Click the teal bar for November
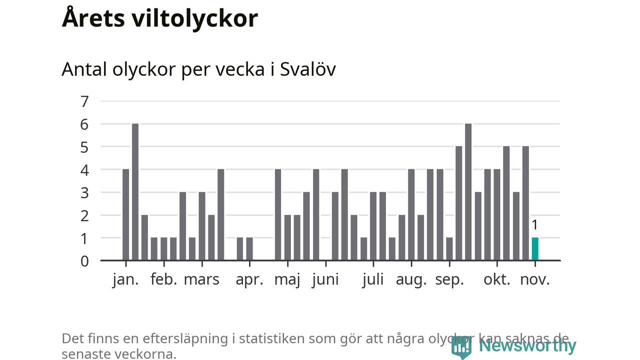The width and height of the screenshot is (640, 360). pyautogui.click(x=535, y=248)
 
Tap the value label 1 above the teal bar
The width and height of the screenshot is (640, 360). pyautogui.click(x=535, y=225)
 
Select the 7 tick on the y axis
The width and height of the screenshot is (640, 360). pyautogui.click(x=84, y=101)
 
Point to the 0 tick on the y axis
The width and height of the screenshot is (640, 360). pyautogui.click(x=84, y=260)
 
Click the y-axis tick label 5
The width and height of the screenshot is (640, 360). pyautogui.click(x=84, y=147)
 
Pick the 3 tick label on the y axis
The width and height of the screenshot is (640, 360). pyautogui.click(x=84, y=192)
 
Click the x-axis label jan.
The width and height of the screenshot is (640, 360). pyautogui.click(x=125, y=279)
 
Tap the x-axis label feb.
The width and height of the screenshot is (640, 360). pyautogui.click(x=164, y=279)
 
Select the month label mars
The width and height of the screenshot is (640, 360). pyautogui.click(x=201, y=279)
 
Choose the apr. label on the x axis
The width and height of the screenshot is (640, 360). pyautogui.click(x=249, y=279)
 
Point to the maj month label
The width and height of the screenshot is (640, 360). pyautogui.click(x=287, y=279)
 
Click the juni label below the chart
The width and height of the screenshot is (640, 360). pyautogui.click(x=325, y=279)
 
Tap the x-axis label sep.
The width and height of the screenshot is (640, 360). pyautogui.click(x=449, y=279)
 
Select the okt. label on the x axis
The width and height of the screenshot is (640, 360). pyautogui.click(x=497, y=279)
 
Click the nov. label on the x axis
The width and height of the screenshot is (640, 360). pyautogui.click(x=535, y=279)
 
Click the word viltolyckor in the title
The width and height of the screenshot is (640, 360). pyautogui.click(x=195, y=18)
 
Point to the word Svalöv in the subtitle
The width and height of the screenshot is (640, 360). pyautogui.click(x=307, y=69)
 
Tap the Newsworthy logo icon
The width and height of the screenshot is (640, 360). pyautogui.click(x=461, y=346)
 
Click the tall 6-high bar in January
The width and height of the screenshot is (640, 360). pyautogui.click(x=135, y=191)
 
